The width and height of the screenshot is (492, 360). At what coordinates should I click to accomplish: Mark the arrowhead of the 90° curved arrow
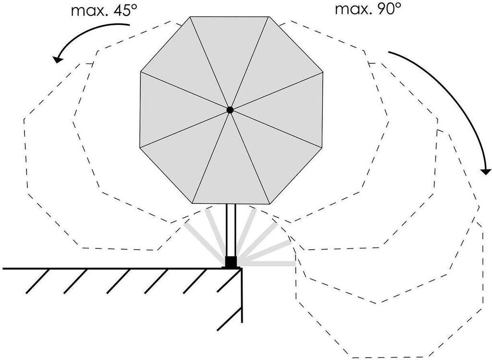point(486,170)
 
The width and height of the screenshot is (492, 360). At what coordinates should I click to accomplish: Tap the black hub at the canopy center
point(230,110)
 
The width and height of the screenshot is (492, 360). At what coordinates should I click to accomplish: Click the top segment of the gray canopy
point(230,48)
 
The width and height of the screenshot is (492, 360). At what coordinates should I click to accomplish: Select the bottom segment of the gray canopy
point(231,173)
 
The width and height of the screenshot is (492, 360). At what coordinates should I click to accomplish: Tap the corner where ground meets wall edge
point(242,268)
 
